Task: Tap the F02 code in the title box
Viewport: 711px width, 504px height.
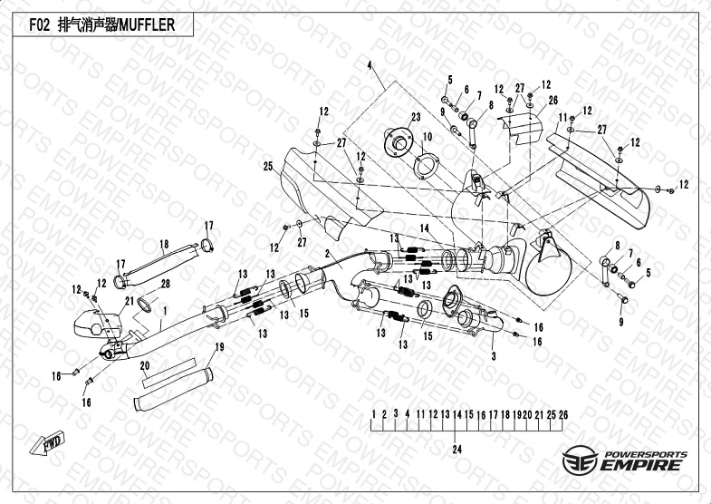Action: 40,26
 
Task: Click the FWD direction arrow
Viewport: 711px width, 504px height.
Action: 45,444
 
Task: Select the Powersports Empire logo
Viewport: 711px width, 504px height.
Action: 625,460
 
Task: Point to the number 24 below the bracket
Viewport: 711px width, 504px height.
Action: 457,450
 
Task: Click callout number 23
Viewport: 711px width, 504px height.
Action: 416,118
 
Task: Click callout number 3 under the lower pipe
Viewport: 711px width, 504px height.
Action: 494,357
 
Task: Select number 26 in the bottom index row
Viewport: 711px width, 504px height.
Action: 563,415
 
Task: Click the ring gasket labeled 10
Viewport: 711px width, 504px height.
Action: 423,169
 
